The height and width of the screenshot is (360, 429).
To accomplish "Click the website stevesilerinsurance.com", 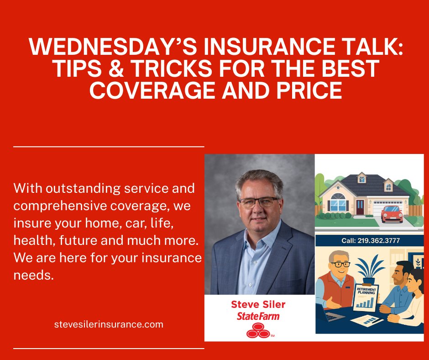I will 109,325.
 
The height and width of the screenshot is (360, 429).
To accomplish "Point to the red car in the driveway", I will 392,213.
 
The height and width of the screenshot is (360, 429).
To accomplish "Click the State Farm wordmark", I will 258,316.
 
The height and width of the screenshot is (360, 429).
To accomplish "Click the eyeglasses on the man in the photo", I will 259,202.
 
